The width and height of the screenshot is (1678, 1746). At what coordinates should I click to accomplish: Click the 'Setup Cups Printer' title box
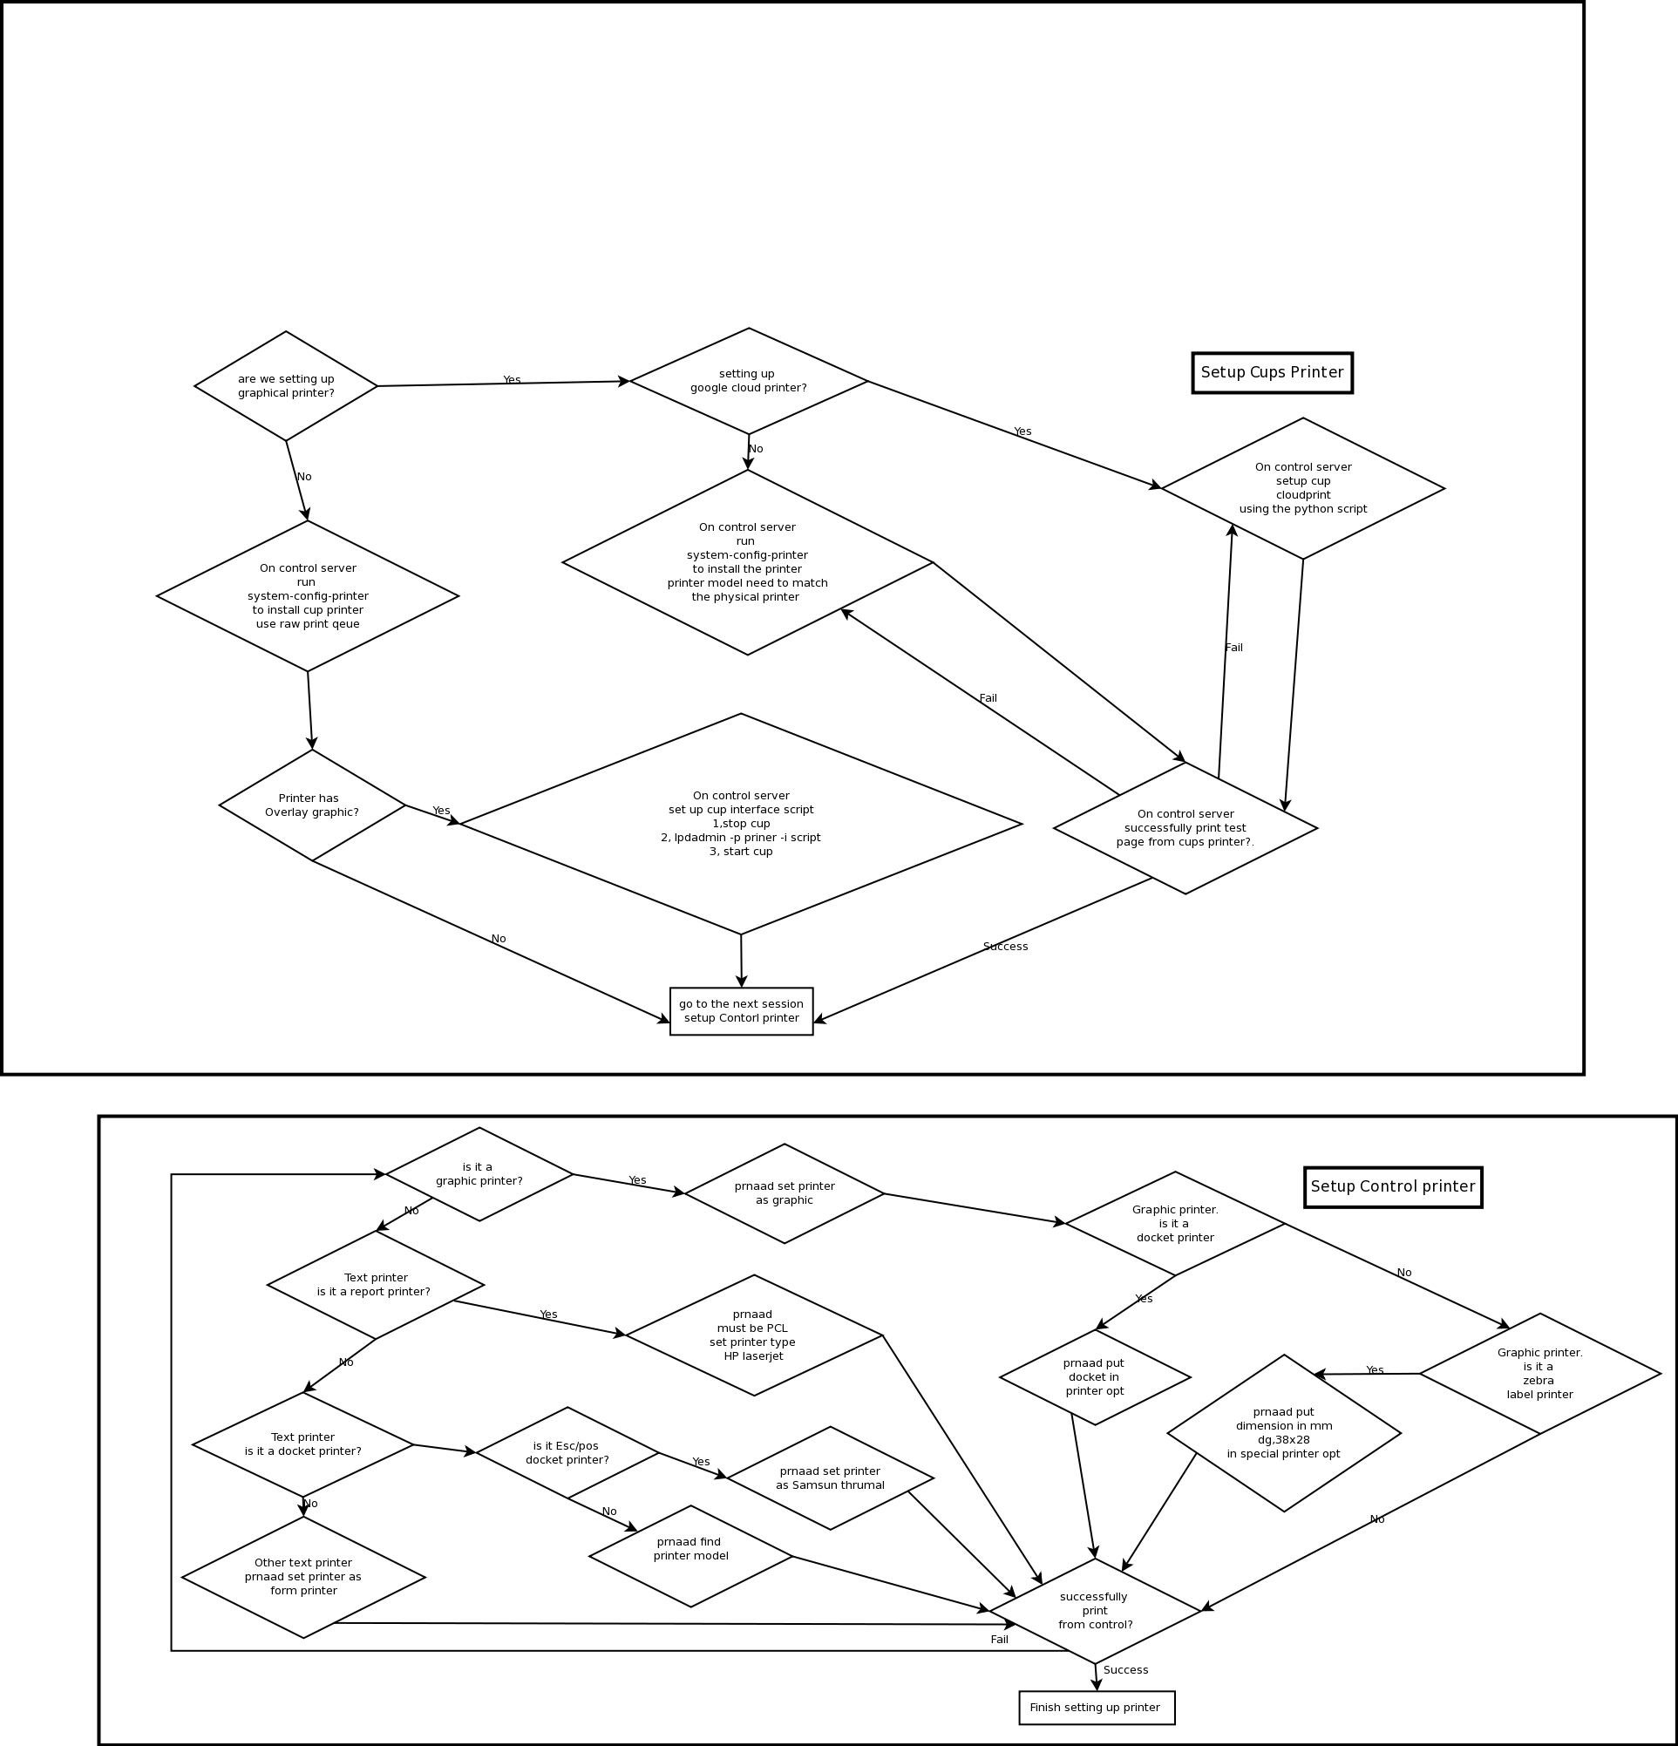click(x=1272, y=372)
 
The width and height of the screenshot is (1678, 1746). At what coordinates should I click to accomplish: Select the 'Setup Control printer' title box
click(x=1392, y=1186)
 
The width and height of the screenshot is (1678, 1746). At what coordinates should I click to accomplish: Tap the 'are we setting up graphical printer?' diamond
click(x=286, y=385)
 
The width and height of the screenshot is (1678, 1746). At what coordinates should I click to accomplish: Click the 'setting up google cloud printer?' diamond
click(x=748, y=381)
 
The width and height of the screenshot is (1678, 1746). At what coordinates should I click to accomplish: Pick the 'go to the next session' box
click(x=741, y=1011)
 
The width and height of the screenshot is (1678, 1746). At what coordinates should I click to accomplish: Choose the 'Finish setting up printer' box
click(x=1096, y=1708)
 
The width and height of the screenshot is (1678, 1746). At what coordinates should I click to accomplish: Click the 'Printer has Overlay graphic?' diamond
click(x=312, y=805)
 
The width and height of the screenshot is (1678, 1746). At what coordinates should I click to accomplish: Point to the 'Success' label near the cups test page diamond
click(x=1005, y=946)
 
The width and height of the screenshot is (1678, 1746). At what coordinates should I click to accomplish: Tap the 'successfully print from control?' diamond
click(x=1095, y=1611)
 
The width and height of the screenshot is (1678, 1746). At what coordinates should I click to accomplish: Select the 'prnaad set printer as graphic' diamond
click(x=784, y=1193)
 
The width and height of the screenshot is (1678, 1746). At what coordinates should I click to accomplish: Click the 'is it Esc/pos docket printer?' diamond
click(x=567, y=1453)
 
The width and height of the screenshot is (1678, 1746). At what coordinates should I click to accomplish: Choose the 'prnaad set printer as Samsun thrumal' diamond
click(x=830, y=1478)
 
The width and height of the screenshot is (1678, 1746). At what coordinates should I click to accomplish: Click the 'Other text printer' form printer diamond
click(x=302, y=1577)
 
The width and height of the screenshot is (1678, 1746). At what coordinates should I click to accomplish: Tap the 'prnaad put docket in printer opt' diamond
click(x=1095, y=1377)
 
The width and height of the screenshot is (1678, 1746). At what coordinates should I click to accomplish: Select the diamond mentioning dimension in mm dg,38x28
click(x=1283, y=1433)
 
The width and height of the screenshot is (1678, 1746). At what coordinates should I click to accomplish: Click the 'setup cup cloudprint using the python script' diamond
click(x=1302, y=488)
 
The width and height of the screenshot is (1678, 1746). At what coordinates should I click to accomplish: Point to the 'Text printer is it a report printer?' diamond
click(x=375, y=1285)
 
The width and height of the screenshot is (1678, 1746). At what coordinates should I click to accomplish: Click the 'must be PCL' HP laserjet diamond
click(x=753, y=1335)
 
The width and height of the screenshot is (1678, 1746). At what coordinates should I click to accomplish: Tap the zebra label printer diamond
click(x=1539, y=1374)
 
